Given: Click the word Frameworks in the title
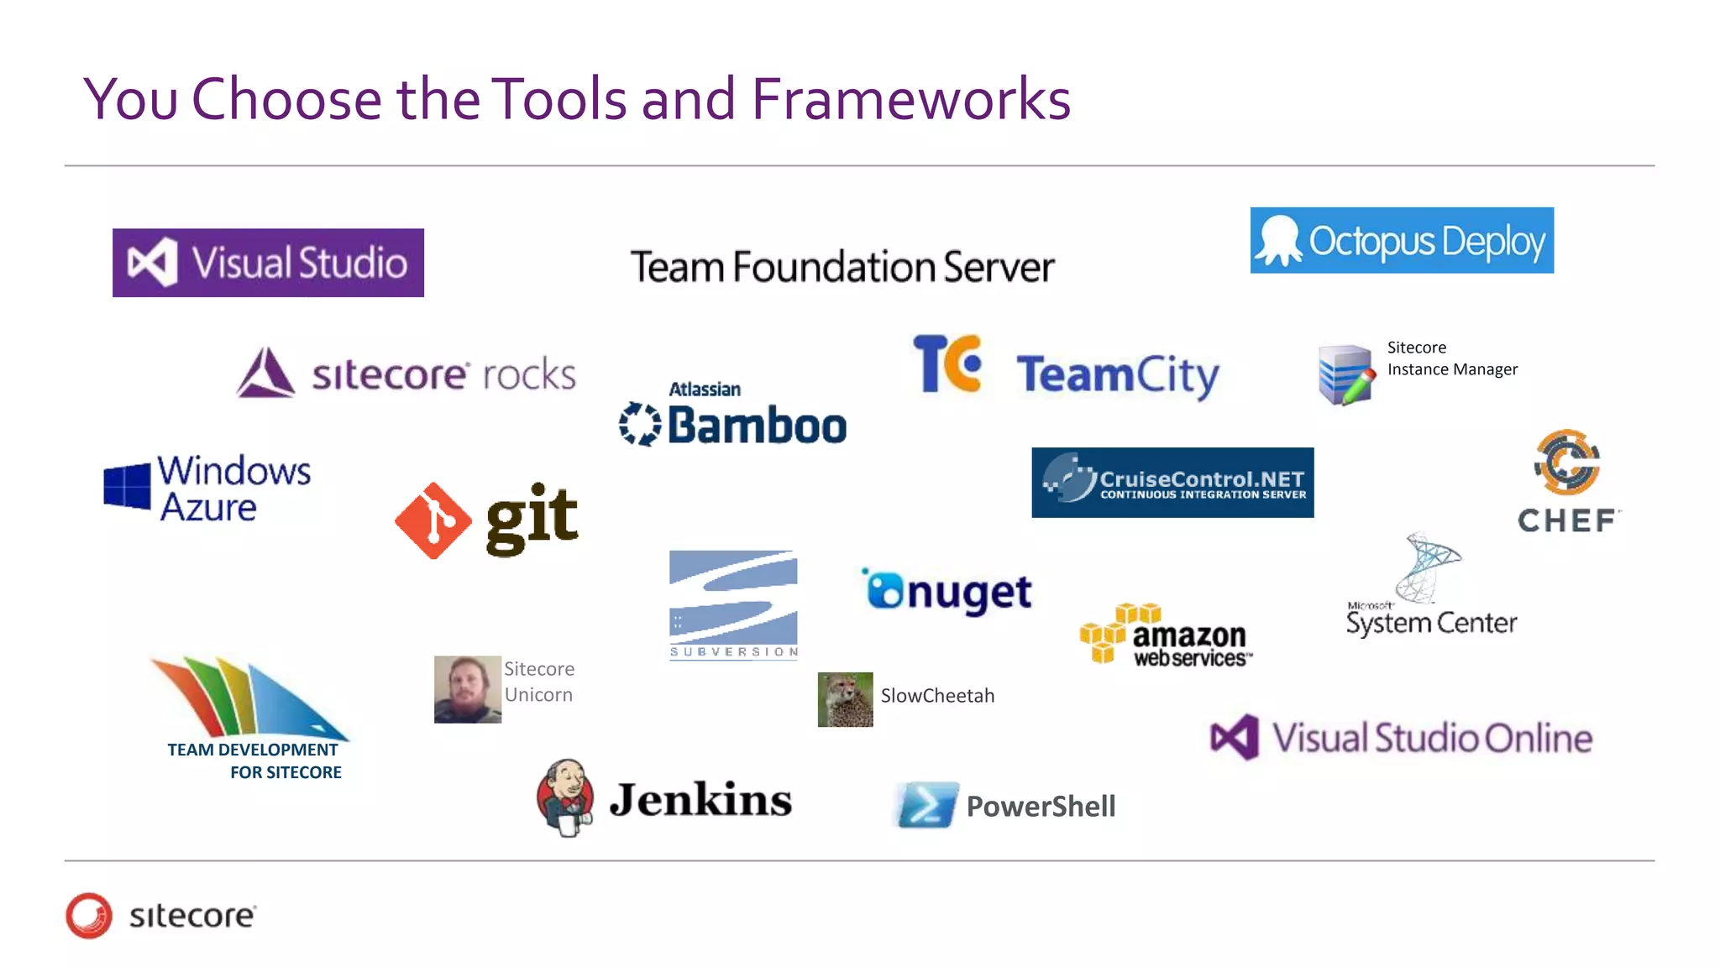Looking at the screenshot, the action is coord(910,99).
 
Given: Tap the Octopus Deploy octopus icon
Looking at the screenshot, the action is coord(1278,240).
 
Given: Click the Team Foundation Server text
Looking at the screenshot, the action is coord(842,267).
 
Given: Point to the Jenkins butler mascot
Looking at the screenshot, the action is coord(566,797).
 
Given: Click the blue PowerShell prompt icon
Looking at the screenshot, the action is coord(927,805).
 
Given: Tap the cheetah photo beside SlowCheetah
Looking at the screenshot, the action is coord(845,699).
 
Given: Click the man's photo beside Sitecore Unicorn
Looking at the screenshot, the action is coord(468,689).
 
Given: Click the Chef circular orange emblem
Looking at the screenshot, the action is coord(1567,463).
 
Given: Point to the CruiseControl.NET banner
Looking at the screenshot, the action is coord(1172,483).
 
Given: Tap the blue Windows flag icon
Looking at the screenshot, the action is coord(127,487).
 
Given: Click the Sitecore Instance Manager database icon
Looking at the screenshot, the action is coord(1345,374).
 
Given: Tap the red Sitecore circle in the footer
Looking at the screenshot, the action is coord(89,915).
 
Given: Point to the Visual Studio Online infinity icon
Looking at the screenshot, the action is coord(1235,738).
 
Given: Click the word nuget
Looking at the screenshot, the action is coord(969,593).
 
